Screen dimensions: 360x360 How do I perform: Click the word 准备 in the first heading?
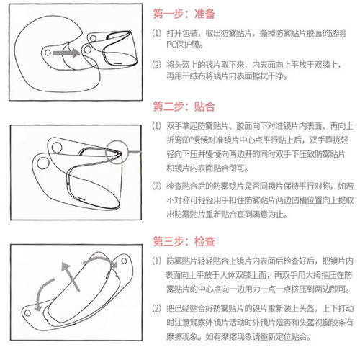click(204, 14)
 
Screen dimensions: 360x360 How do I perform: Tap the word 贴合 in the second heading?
click(204, 107)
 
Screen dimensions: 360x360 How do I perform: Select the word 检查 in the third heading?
click(204, 241)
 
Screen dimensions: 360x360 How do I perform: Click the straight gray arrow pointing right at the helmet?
click(66, 53)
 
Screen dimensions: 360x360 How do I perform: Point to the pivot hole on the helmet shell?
click(48, 53)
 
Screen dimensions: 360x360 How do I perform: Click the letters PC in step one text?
click(171, 45)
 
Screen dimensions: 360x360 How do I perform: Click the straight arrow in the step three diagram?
click(71, 276)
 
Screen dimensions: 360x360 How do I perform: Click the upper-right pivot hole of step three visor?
click(124, 261)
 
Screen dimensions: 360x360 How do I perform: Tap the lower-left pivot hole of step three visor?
click(27, 312)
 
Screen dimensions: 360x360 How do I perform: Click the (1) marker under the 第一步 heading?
click(157, 33)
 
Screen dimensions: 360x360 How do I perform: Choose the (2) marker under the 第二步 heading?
click(157, 186)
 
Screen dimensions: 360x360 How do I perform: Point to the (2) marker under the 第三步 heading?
click(157, 308)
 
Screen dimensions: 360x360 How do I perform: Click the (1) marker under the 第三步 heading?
click(157, 261)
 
